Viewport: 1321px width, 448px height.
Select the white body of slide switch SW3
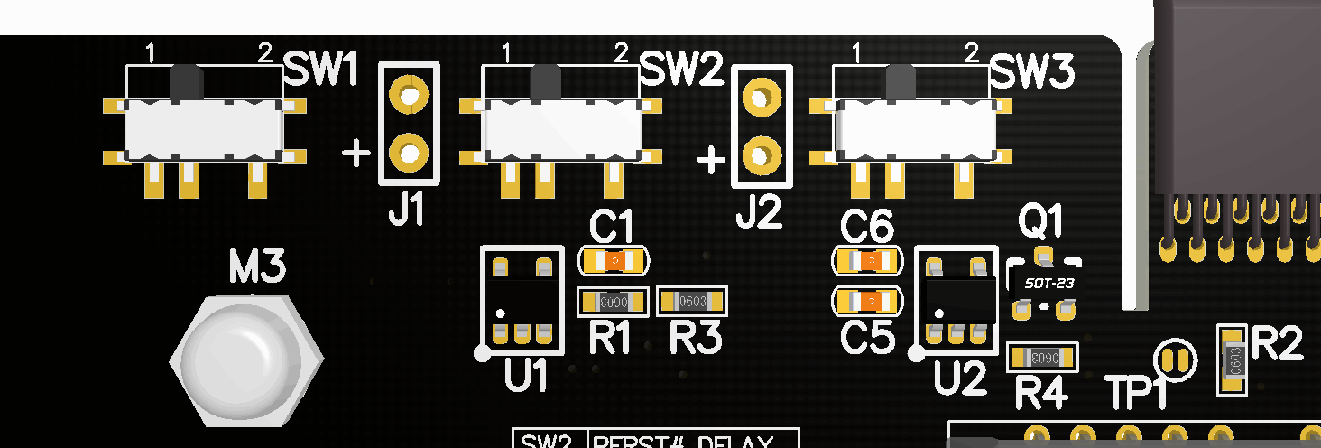[916, 128]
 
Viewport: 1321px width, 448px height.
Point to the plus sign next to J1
[356, 154]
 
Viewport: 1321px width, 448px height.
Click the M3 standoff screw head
[245, 359]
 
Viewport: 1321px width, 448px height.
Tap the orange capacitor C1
[614, 261]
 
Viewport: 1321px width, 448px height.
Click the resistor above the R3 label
[692, 301]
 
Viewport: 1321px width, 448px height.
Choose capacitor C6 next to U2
[866, 261]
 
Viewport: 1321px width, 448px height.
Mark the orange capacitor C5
[866, 300]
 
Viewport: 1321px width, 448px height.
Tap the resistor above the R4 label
[1042, 357]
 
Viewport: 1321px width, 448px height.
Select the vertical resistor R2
[1233, 359]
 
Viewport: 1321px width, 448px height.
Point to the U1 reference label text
[526, 375]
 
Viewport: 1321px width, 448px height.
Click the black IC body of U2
[956, 294]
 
